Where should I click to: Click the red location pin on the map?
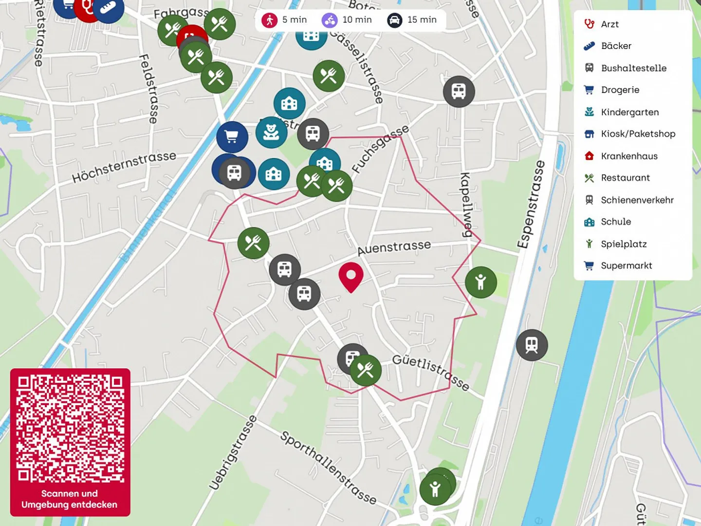click(351, 276)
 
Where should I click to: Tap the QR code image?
click(70, 429)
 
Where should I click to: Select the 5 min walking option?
click(285, 20)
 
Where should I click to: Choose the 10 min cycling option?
click(347, 20)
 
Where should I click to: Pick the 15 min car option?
click(412, 20)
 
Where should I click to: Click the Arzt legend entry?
click(609, 24)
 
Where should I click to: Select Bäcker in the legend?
click(616, 46)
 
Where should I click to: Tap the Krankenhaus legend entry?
click(629, 156)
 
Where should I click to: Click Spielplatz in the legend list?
click(624, 244)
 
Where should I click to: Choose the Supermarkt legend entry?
click(626, 266)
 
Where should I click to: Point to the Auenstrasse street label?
click(394, 247)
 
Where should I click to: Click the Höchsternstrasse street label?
click(124, 167)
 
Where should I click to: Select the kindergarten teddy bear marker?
click(271, 132)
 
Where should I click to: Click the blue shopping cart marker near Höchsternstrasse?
click(232, 137)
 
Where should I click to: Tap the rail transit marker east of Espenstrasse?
click(532, 345)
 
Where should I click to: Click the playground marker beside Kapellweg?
click(481, 282)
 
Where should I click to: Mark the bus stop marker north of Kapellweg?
click(459, 92)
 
